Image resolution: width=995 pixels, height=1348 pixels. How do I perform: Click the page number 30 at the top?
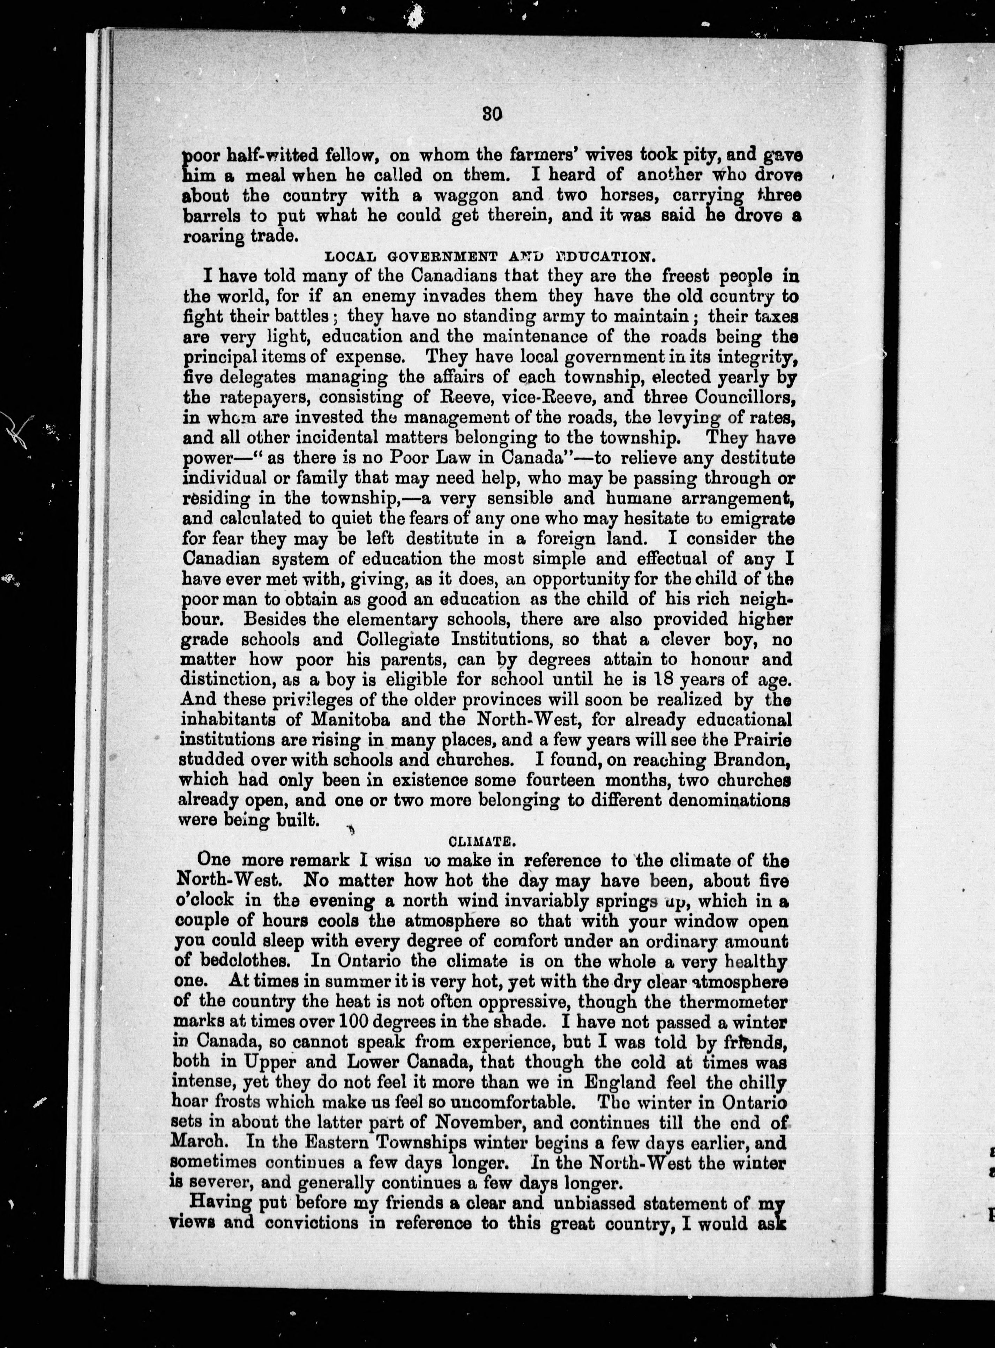click(x=492, y=114)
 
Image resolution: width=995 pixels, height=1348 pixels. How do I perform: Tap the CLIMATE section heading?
click(x=488, y=839)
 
